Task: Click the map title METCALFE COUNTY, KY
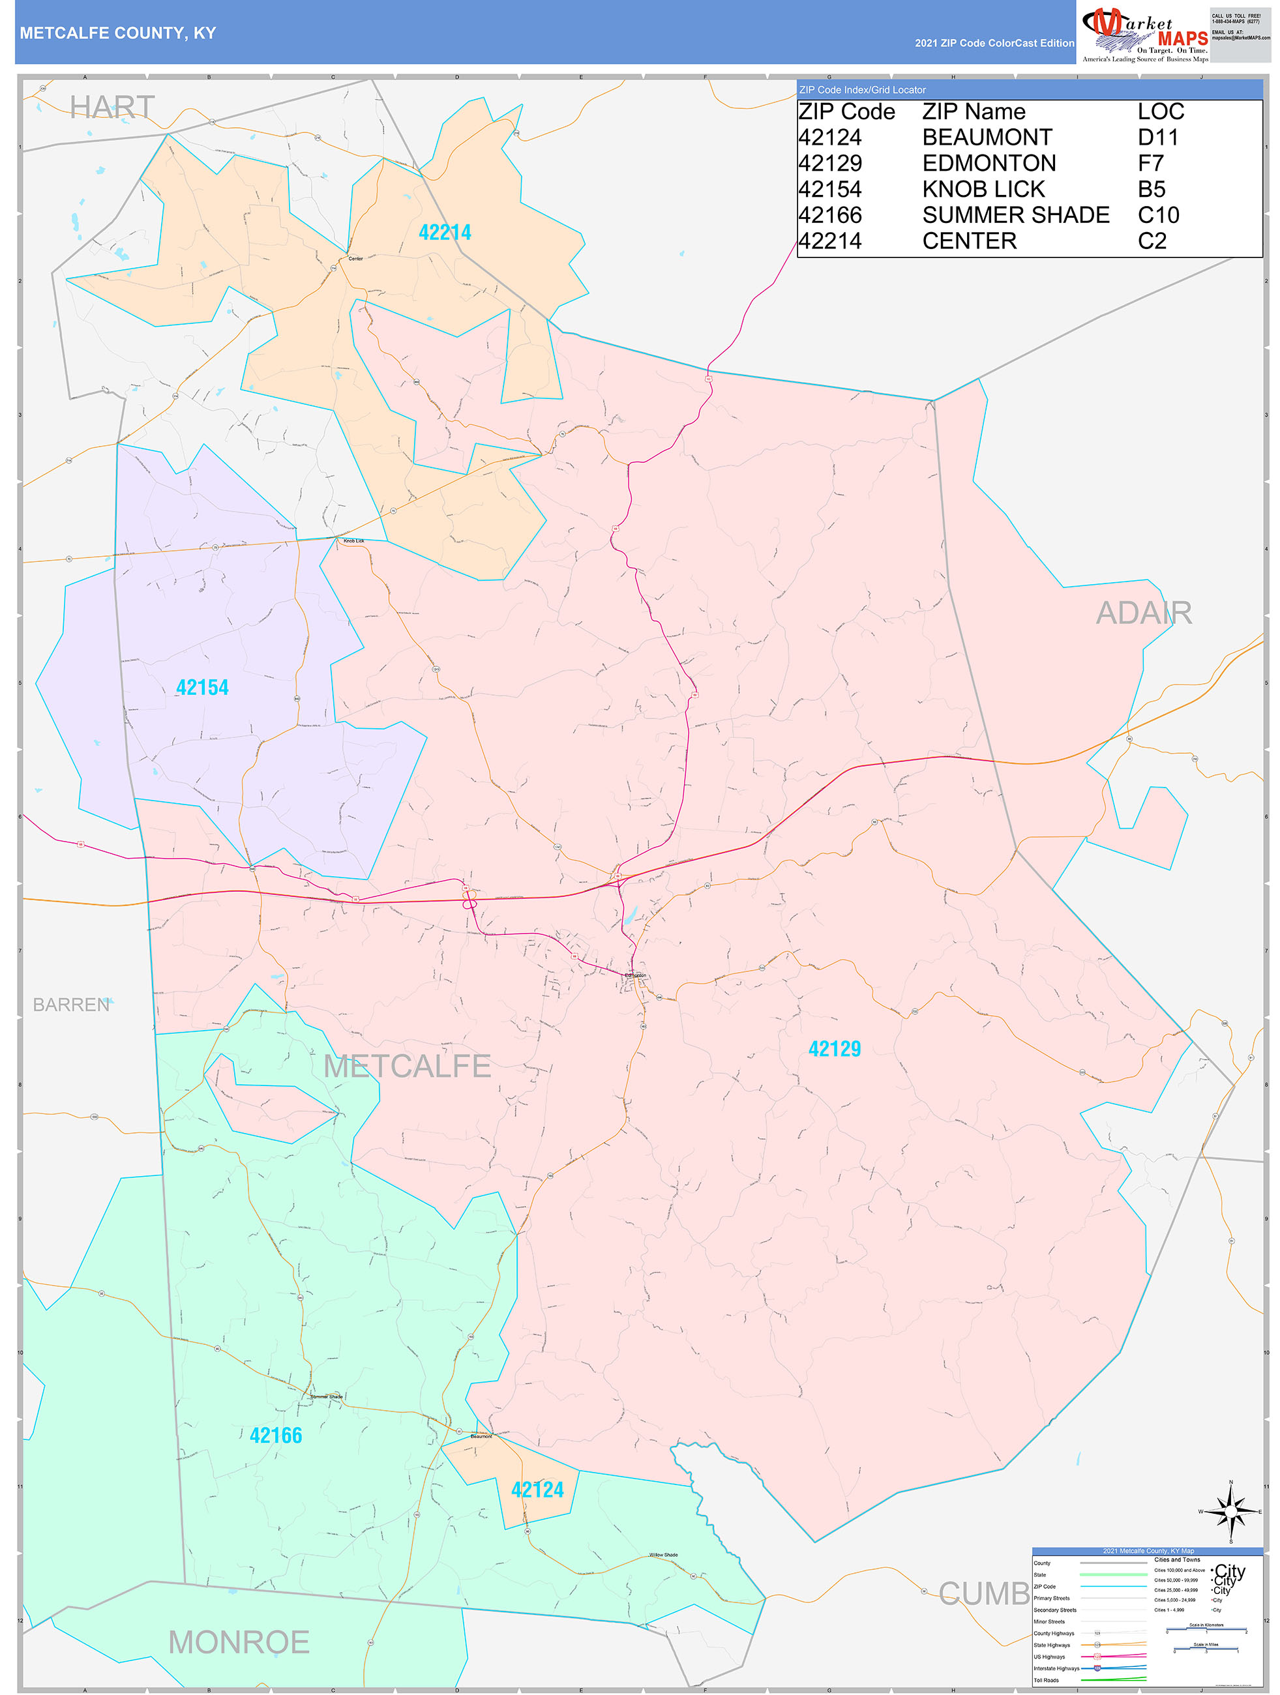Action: click(x=118, y=33)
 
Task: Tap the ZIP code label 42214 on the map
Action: click(x=445, y=233)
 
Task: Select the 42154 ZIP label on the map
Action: click(x=202, y=687)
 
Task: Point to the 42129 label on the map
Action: click(x=835, y=1049)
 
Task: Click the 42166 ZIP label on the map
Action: click(x=276, y=1436)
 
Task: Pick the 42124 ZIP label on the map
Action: click(x=537, y=1490)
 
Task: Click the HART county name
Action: click(x=112, y=108)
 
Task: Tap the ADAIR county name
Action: click(x=1144, y=613)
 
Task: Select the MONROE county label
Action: click(x=239, y=1642)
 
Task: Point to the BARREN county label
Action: click(x=71, y=1005)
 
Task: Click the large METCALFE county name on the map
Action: click(x=407, y=1066)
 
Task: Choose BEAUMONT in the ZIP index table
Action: click(x=987, y=138)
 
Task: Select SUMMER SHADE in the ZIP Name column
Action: click(x=1015, y=215)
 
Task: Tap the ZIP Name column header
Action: click(x=974, y=112)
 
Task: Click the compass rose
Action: click(x=1231, y=1511)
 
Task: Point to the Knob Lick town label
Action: click(x=353, y=541)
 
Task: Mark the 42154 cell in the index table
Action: click(x=830, y=189)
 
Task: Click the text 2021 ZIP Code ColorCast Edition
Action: click(x=994, y=44)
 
